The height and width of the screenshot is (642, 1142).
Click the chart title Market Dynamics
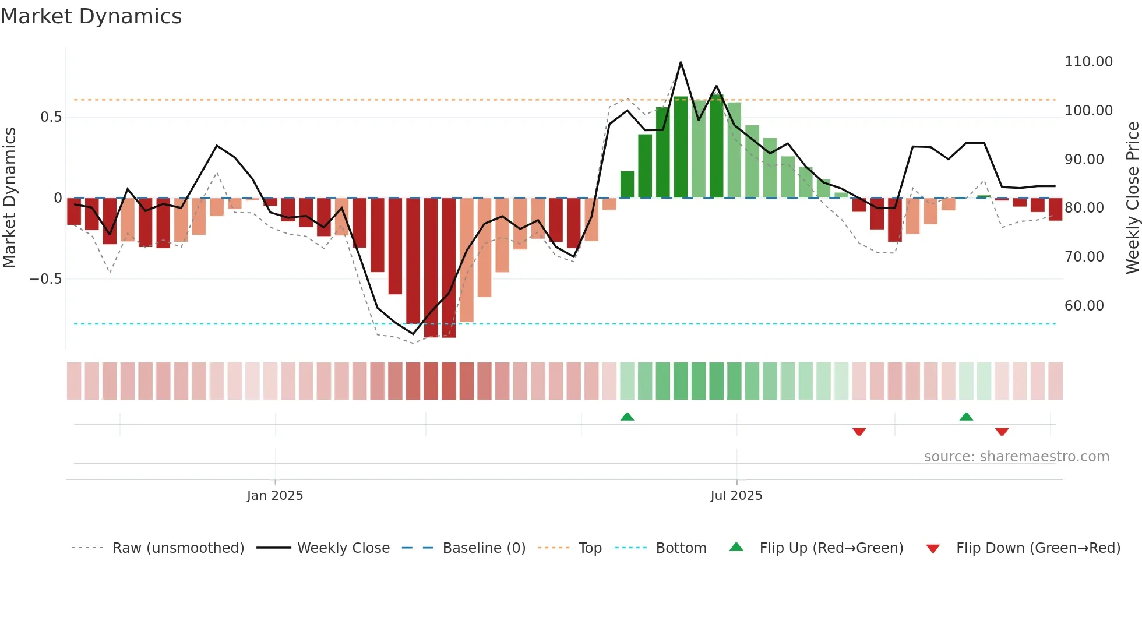[x=91, y=16]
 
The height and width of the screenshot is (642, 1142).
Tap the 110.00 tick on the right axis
[x=1088, y=62]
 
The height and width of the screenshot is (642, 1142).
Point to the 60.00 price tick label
[x=1084, y=306]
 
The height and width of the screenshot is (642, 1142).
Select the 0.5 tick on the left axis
[x=51, y=117]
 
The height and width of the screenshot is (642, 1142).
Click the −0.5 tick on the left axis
[x=45, y=279]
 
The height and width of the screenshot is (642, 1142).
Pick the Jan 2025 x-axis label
[x=274, y=496]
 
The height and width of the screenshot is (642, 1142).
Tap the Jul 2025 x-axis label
[x=736, y=496]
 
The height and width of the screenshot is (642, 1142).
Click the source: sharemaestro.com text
[x=1016, y=457]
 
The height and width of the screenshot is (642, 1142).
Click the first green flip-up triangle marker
[x=627, y=417]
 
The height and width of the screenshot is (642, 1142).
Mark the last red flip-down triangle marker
[x=1002, y=432]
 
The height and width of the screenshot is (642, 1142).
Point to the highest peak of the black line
[x=681, y=62]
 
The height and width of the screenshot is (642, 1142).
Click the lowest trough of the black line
[x=413, y=334]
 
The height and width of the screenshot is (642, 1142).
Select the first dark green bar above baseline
[x=627, y=185]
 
